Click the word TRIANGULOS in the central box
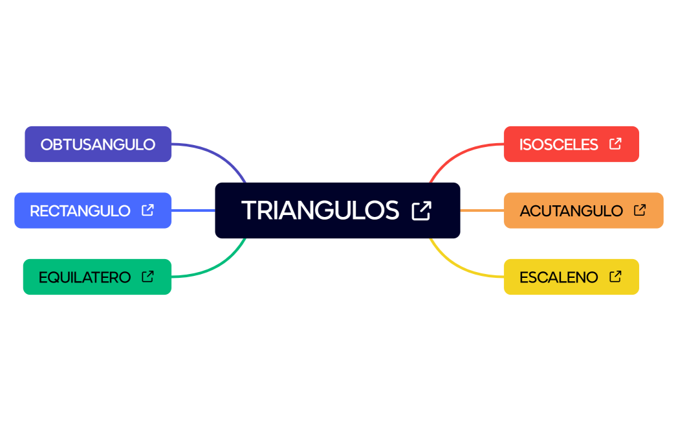tap(320, 210)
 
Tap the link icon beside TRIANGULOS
tap(421, 210)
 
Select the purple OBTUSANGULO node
tap(98, 144)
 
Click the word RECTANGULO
tap(80, 210)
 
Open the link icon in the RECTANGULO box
tap(148, 210)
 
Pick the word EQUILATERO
tap(85, 277)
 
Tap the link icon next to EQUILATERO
tap(148, 277)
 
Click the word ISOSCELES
tap(558, 144)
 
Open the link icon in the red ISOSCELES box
tap(615, 144)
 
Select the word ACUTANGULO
tap(571, 210)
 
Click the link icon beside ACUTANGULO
tap(640, 210)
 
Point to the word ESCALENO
tap(558, 277)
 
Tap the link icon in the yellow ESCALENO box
tap(615, 277)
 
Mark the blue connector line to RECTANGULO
tap(193, 210)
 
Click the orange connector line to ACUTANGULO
tap(482, 210)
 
